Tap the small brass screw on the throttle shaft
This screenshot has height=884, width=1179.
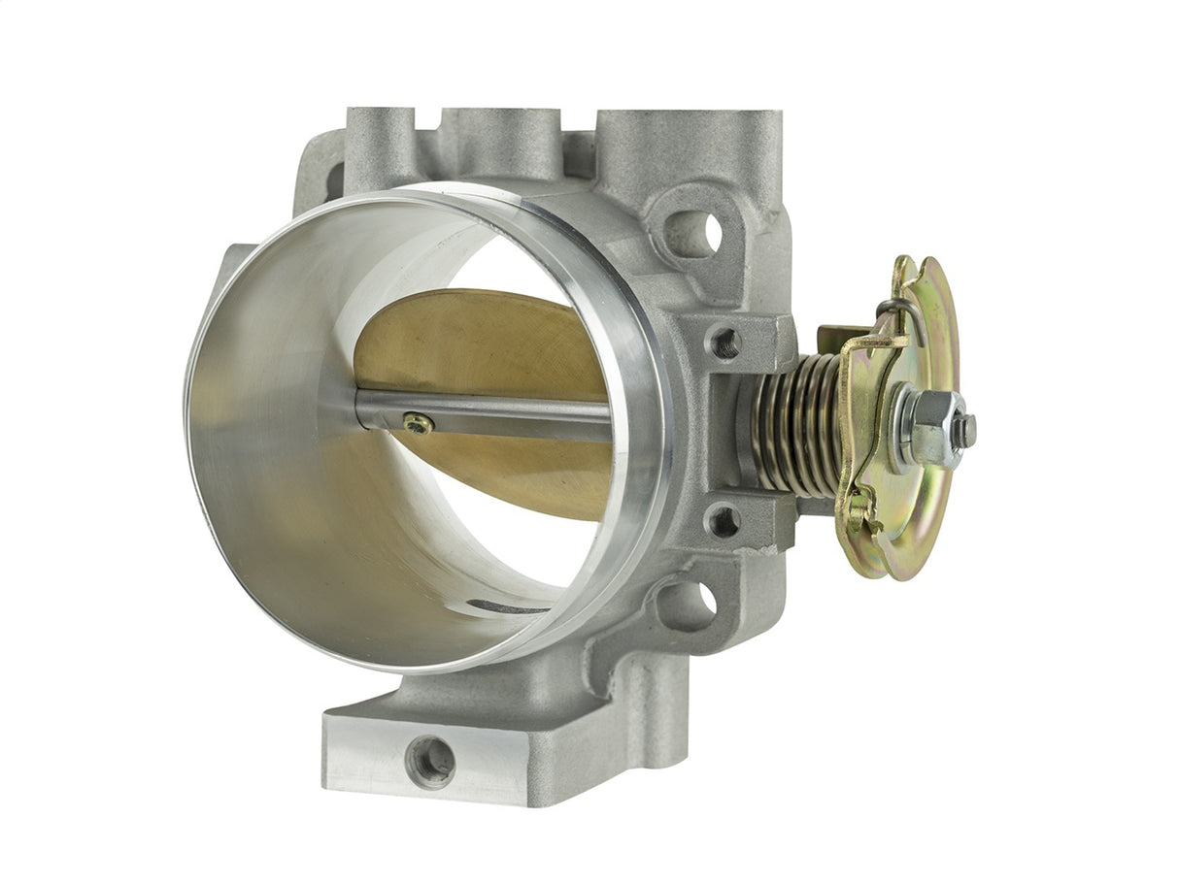tap(419, 423)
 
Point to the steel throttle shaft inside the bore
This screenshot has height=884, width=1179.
tap(505, 415)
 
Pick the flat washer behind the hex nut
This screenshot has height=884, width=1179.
tap(904, 428)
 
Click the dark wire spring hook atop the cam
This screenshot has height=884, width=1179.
tap(895, 310)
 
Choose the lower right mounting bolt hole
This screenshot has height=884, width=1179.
tap(694, 602)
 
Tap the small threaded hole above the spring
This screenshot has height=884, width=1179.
tap(724, 343)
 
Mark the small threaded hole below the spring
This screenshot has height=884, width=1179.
tap(723, 520)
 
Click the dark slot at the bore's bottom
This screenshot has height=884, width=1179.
tap(505, 607)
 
